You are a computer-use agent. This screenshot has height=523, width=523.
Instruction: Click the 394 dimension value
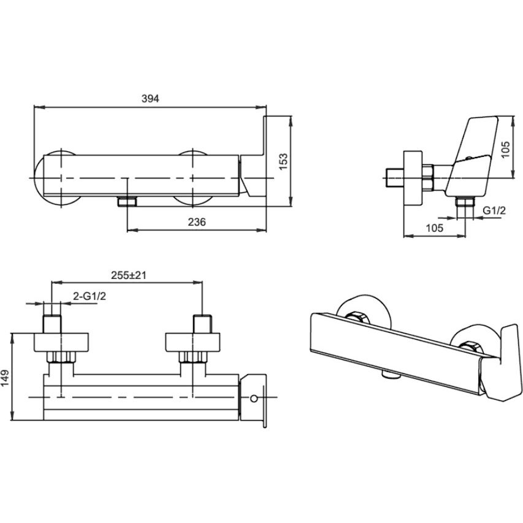click(150, 99)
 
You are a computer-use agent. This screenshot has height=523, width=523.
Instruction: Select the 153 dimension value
click(283, 161)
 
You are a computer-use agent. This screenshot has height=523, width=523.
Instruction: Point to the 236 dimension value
click(197, 222)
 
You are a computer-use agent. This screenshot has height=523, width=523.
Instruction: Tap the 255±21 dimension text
click(128, 275)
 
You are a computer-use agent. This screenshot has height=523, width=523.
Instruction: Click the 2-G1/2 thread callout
click(90, 296)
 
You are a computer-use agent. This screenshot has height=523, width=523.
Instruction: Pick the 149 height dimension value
click(6, 378)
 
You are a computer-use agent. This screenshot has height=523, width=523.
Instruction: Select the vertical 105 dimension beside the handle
click(506, 150)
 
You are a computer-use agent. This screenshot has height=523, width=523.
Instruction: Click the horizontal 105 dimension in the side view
click(435, 228)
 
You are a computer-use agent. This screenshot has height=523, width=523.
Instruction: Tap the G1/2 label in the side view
click(494, 210)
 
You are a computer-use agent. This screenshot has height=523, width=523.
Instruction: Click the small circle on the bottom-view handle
click(254, 399)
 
